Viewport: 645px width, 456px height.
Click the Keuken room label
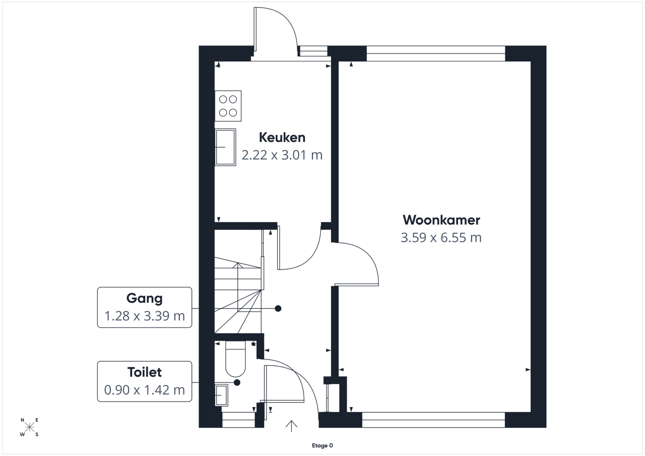tap(282, 138)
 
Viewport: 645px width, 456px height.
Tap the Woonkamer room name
tap(441, 220)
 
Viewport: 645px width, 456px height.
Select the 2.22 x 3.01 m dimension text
tap(282, 155)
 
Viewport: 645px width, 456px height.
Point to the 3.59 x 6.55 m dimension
tap(441, 238)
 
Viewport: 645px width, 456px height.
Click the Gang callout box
tap(145, 307)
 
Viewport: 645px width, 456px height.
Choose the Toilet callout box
tap(145, 381)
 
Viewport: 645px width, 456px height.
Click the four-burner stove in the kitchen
tap(228, 106)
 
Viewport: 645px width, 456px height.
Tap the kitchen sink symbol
tap(225, 147)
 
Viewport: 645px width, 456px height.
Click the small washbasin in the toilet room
tap(221, 395)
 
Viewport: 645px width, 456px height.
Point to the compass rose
tap(29, 427)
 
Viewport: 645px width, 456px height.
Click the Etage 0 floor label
tap(322, 445)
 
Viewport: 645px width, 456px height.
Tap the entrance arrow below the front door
tap(291, 426)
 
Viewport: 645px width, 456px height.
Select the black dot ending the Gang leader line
tap(278, 308)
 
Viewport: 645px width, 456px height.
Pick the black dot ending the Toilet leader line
tap(237, 382)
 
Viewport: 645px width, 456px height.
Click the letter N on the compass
tap(23, 420)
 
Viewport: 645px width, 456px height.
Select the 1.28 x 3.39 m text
tap(145, 316)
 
